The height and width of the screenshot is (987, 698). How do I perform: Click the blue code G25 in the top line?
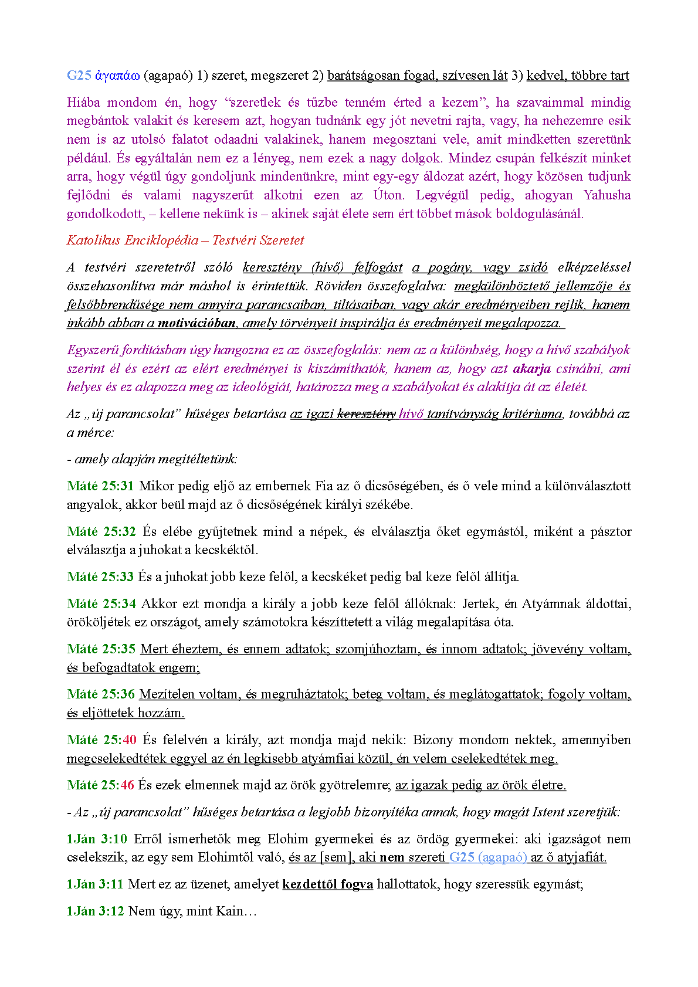click(79, 75)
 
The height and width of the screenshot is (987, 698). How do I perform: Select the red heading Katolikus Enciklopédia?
click(131, 240)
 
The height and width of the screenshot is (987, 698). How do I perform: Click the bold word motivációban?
click(196, 323)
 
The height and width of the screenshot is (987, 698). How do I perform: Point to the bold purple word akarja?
click(531, 368)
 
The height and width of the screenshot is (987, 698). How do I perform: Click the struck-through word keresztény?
click(367, 413)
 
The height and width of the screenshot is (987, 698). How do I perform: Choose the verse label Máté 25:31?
click(100, 486)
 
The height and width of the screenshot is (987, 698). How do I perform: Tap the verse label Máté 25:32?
click(101, 531)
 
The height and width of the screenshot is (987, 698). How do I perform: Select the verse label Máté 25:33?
click(100, 576)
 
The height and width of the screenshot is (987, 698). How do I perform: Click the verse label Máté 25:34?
click(101, 603)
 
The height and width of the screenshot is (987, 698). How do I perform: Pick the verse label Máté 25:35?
click(101, 649)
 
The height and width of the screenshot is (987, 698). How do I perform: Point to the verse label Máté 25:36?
click(101, 694)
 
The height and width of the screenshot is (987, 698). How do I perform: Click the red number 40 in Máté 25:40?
click(129, 740)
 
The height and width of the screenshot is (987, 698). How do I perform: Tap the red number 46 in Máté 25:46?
click(127, 785)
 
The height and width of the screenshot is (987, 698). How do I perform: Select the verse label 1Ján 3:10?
click(97, 839)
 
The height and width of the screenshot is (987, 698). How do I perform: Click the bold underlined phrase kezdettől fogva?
click(327, 884)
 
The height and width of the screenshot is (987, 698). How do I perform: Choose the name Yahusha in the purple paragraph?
click(607, 195)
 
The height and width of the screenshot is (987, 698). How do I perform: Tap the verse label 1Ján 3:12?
click(95, 911)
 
